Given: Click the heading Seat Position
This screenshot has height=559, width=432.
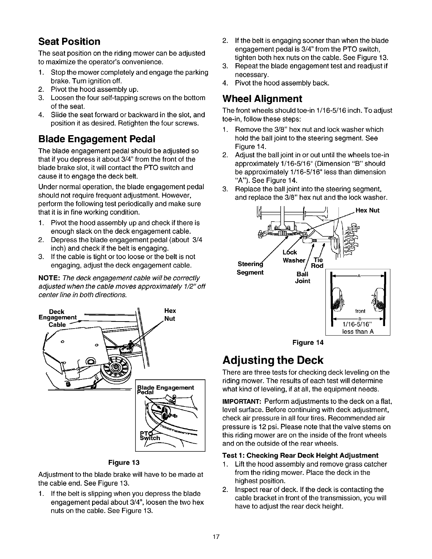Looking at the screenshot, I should click(69, 42).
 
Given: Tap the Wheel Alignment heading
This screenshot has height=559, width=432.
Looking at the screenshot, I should click(262, 98).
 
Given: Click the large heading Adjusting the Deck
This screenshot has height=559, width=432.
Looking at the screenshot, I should click(273, 360).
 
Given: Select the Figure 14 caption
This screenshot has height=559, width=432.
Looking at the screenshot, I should click(308, 342).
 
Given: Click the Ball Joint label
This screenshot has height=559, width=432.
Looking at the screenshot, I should click(302, 277).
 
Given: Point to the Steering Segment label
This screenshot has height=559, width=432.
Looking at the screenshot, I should click(251, 268).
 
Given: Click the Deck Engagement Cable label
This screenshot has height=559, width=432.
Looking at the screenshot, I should click(57, 318).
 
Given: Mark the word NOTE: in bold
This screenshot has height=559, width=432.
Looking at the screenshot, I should click(49, 278).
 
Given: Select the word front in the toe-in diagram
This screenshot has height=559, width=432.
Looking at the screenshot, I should click(360, 311).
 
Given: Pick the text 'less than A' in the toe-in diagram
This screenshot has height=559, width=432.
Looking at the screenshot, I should click(358, 331).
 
